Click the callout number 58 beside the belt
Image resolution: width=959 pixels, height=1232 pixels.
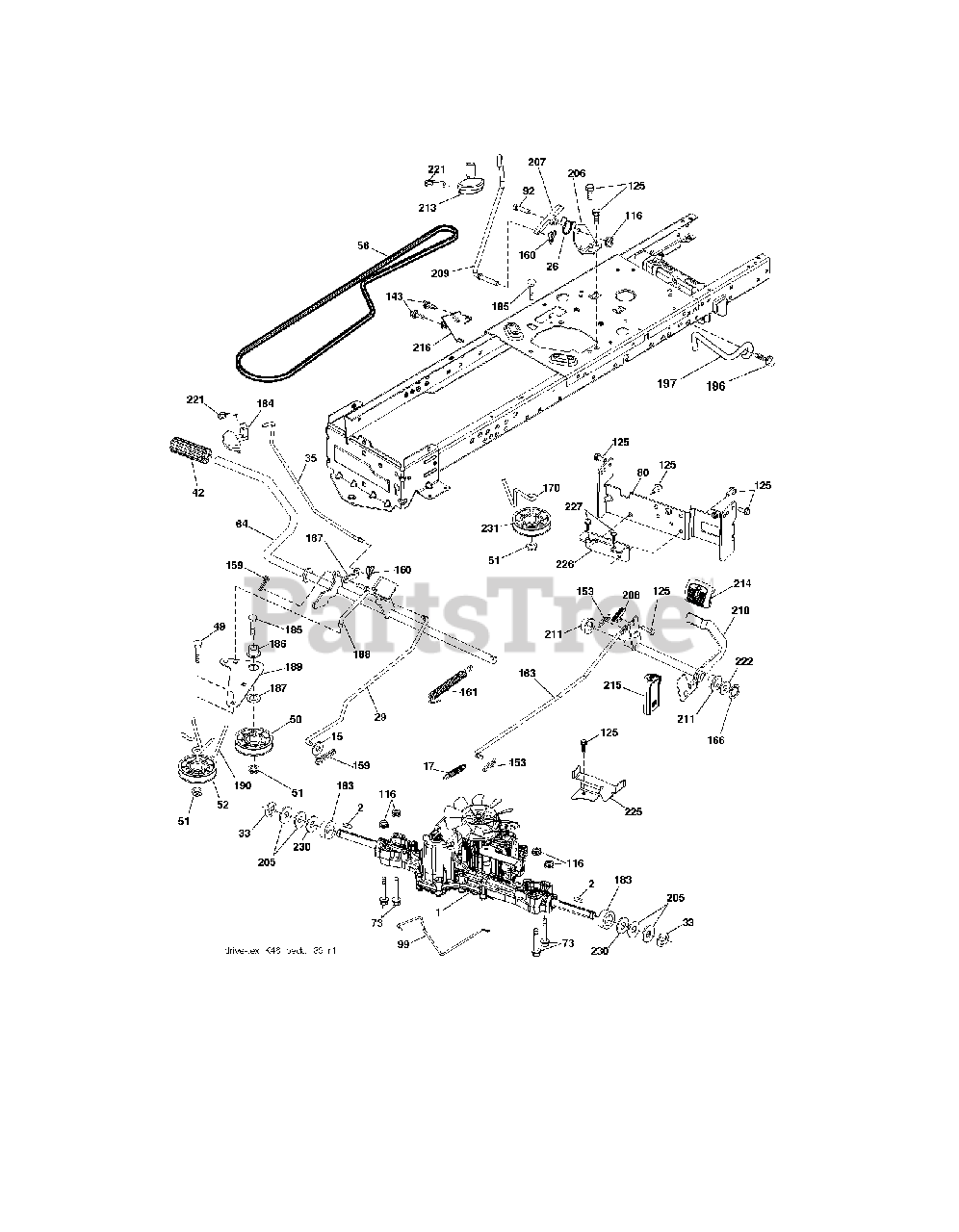pyautogui.click(x=364, y=247)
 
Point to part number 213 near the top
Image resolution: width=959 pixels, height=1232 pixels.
pyautogui.click(x=428, y=207)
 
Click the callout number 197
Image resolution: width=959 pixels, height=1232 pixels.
pyautogui.click(x=694, y=382)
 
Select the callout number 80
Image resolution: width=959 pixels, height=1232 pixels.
pyautogui.click(x=642, y=473)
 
